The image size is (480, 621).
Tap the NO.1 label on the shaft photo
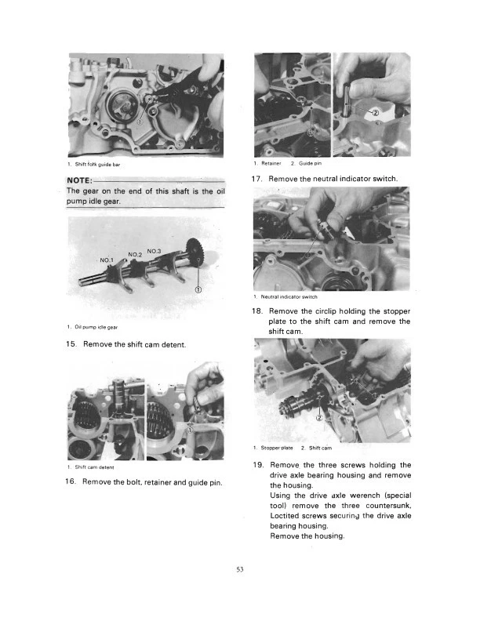[x=107, y=260]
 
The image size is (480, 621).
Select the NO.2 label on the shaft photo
[x=136, y=255]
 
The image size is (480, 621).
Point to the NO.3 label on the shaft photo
[x=155, y=250]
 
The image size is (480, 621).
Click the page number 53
[x=241, y=568]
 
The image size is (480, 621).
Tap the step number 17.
[x=256, y=180]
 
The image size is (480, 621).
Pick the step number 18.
[x=256, y=311]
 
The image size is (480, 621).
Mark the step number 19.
[x=256, y=465]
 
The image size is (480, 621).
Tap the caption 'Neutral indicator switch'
[x=289, y=296]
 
